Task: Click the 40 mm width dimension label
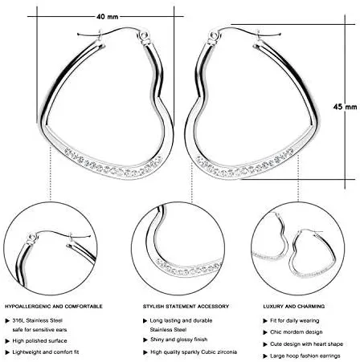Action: click(x=107, y=17)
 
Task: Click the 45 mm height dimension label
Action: click(x=345, y=107)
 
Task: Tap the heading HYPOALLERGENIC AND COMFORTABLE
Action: click(x=54, y=307)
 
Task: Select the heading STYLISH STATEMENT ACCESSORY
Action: click(x=186, y=307)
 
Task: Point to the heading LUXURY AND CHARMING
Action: click(x=294, y=307)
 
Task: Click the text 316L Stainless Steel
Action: click(x=38, y=320)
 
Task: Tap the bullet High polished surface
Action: click(x=39, y=340)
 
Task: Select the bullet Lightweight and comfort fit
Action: click(x=46, y=352)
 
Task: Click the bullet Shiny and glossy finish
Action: click(x=178, y=340)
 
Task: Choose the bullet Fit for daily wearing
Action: click(x=295, y=320)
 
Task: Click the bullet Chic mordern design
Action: click(x=297, y=332)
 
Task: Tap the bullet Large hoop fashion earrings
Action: click(x=305, y=356)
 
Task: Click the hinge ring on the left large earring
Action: click(x=144, y=35)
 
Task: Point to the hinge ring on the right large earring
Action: click(x=214, y=35)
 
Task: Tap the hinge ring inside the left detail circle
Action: click(x=32, y=238)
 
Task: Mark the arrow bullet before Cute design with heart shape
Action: click(x=265, y=344)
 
